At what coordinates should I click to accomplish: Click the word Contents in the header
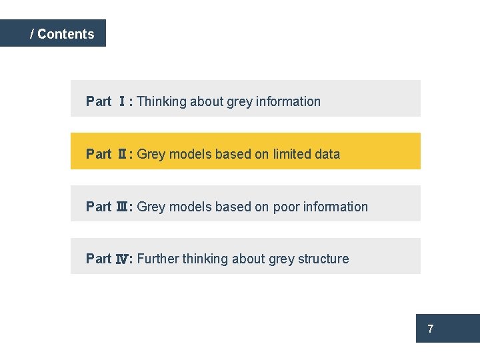66,34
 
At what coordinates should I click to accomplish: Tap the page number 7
431,329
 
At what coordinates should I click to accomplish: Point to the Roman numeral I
123,101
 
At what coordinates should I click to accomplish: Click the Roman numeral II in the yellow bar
123,154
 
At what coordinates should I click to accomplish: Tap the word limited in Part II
294,154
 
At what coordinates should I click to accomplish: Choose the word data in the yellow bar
328,154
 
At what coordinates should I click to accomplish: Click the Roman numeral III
123,207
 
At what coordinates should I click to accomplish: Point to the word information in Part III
335,207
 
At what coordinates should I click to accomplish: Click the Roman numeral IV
123,259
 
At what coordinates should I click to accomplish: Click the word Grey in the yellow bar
151,154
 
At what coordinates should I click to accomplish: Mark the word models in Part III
189,207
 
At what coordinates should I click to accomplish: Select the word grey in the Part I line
239,102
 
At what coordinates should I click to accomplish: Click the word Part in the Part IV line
99,259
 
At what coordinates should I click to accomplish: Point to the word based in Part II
233,154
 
